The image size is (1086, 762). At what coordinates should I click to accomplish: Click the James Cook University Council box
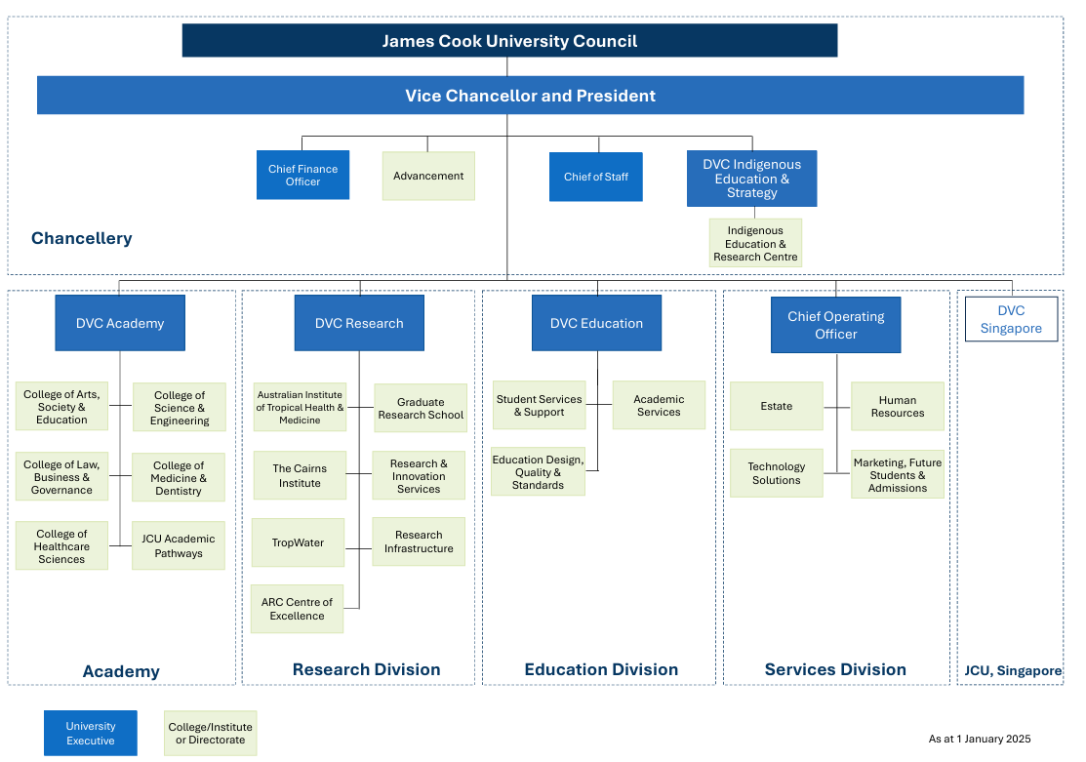tap(509, 41)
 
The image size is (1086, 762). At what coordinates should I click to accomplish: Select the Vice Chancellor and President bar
tap(530, 96)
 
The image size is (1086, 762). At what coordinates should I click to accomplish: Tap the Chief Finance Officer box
tap(302, 176)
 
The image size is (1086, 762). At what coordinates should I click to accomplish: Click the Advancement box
tap(428, 177)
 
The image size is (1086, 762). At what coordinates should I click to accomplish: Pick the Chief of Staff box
tap(595, 177)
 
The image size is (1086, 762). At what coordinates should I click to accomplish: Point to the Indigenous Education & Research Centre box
tap(755, 244)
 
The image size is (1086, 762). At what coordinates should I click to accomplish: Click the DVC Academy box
tap(120, 323)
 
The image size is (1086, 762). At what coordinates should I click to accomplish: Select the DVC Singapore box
tap(1011, 320)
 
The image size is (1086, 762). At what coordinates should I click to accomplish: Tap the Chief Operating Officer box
tap(835, 325)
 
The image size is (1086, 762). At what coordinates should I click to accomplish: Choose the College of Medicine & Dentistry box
tap(179, 478)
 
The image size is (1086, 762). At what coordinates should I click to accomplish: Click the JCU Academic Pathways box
tap(179, 545)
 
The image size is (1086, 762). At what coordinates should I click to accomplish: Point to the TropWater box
tap(298, 542)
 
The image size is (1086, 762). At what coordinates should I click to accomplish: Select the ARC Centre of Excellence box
tap(297, 609)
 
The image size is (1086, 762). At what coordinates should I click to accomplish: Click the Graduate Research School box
tap(421, 408)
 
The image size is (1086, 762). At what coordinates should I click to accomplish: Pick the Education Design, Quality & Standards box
tap(538, 472)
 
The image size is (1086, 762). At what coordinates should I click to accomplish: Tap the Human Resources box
tap(897, 407)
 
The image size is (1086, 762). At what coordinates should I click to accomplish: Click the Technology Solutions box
tap(776, 473)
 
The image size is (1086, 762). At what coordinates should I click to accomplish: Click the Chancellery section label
tap(82, 238)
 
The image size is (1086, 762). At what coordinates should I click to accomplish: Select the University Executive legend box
tap(91, 733)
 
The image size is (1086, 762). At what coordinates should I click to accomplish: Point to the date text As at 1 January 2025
tap(979, 739)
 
